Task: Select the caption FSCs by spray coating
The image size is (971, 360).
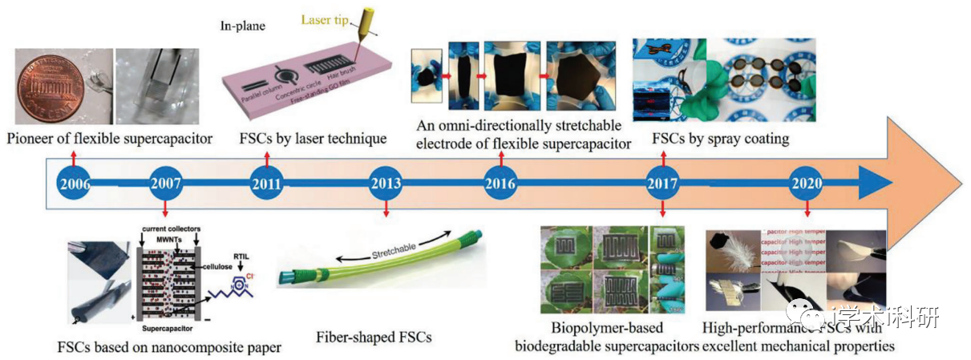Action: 719,138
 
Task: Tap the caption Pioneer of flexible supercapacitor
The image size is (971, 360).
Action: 110,139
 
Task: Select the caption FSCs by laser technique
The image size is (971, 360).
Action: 313,138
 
